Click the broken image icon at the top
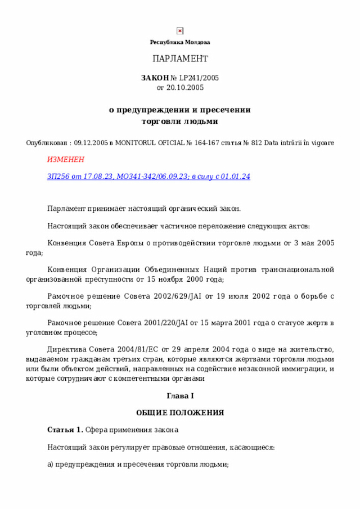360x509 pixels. tap(180, 31)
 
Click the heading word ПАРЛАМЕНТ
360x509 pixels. tap(180, 59)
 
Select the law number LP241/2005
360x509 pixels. tap(195, 78)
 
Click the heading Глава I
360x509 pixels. tap(180, 397)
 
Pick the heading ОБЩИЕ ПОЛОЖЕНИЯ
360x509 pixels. tap(180, 413)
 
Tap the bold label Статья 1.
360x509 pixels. tap(65, 430)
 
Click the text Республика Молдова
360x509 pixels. tap(180, 42)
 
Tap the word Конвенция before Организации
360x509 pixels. tap(67, 269)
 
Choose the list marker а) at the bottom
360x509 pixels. tap(50, 465)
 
